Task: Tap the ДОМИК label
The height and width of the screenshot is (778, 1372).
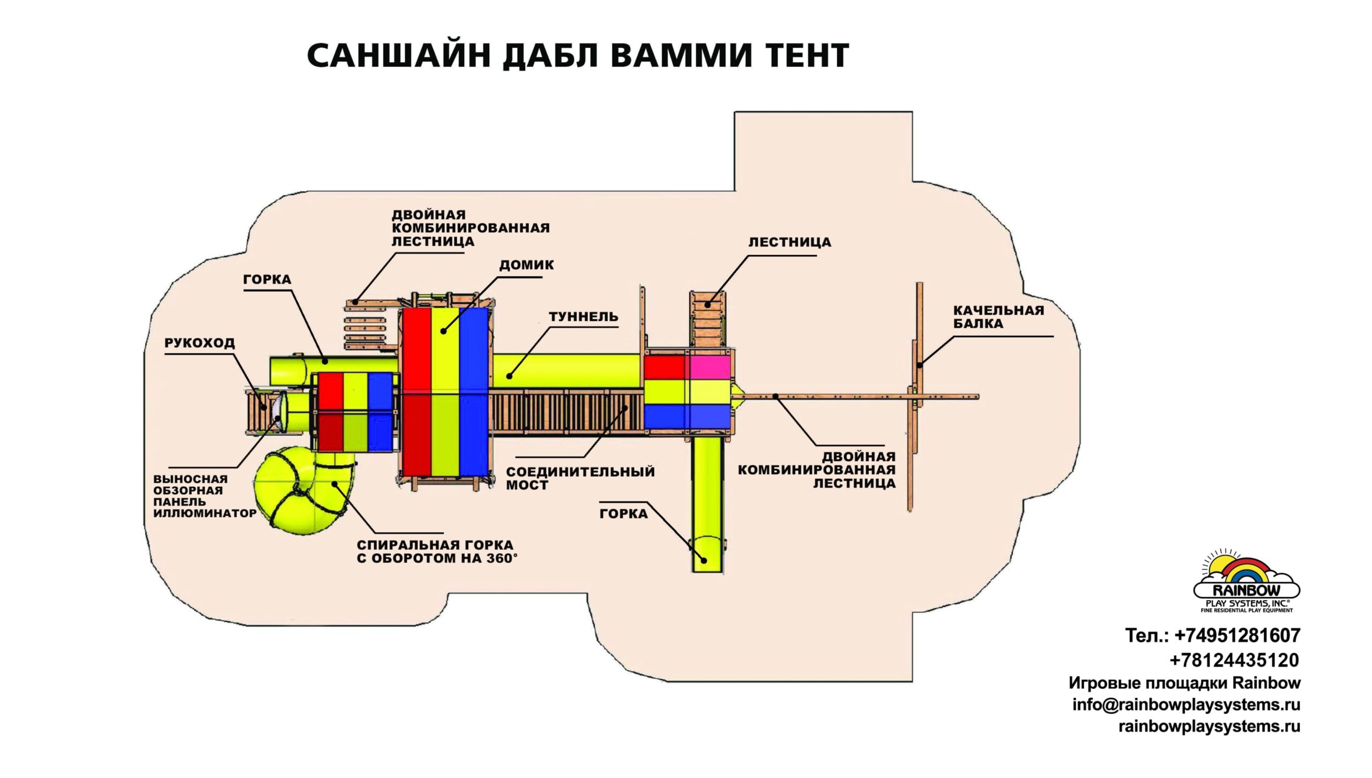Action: tap(526, 265)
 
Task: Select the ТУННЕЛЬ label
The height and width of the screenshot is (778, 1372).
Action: tap(583, 317)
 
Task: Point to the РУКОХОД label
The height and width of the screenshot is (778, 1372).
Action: tap(199, 343)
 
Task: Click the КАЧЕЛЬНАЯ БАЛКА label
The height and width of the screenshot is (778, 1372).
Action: tap(998, 317)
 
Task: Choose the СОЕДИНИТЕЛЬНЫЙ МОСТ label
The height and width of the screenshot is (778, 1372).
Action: tap(580, 478)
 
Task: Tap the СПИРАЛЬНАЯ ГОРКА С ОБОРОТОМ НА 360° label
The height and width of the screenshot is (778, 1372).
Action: tap(437, 552)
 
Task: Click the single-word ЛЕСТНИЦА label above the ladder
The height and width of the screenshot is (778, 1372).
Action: tap(789, 242)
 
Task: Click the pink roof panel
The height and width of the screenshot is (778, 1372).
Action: tap(710, 367)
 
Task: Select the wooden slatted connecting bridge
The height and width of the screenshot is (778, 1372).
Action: tap(565, 411)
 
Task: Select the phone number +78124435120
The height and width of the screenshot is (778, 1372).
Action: tap(1234, 660)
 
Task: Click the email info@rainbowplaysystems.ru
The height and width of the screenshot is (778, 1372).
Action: tap(1186, 705)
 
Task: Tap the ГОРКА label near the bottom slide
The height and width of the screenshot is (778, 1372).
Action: tap(623, 514)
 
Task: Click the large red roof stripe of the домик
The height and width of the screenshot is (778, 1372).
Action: tap(416, 391)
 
